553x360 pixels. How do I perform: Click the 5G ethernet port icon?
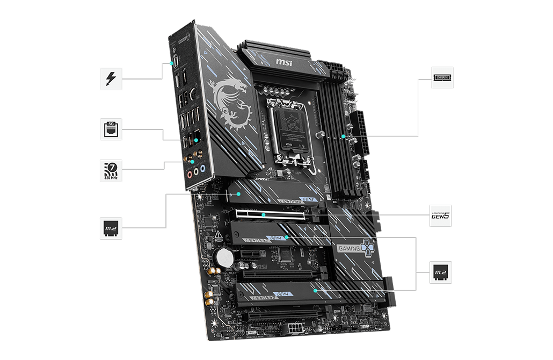point(111,129)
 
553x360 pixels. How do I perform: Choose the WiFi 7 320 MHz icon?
point(111,171)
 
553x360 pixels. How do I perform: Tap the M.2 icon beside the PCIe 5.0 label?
point(111,229)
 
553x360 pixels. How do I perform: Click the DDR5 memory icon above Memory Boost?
point(442,78)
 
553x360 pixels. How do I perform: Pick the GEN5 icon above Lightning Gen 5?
point(441,216)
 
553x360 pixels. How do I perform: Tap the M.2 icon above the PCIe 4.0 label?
point(441,273)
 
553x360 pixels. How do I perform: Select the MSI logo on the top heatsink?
point(285,63)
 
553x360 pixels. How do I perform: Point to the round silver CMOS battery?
point(224,258)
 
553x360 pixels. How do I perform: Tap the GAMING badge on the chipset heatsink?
point(351,248)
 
